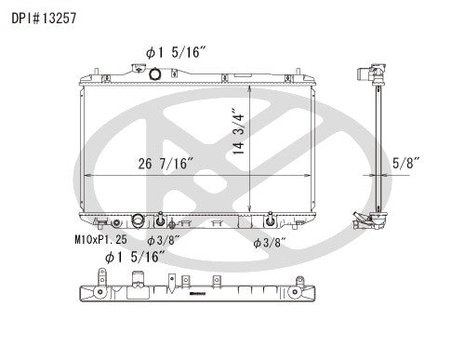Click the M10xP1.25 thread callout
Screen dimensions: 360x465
click(x=101, y=240)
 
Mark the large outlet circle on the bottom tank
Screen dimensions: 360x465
click(x=139, y=221)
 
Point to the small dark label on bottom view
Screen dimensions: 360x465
click(x=196, y=295)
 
